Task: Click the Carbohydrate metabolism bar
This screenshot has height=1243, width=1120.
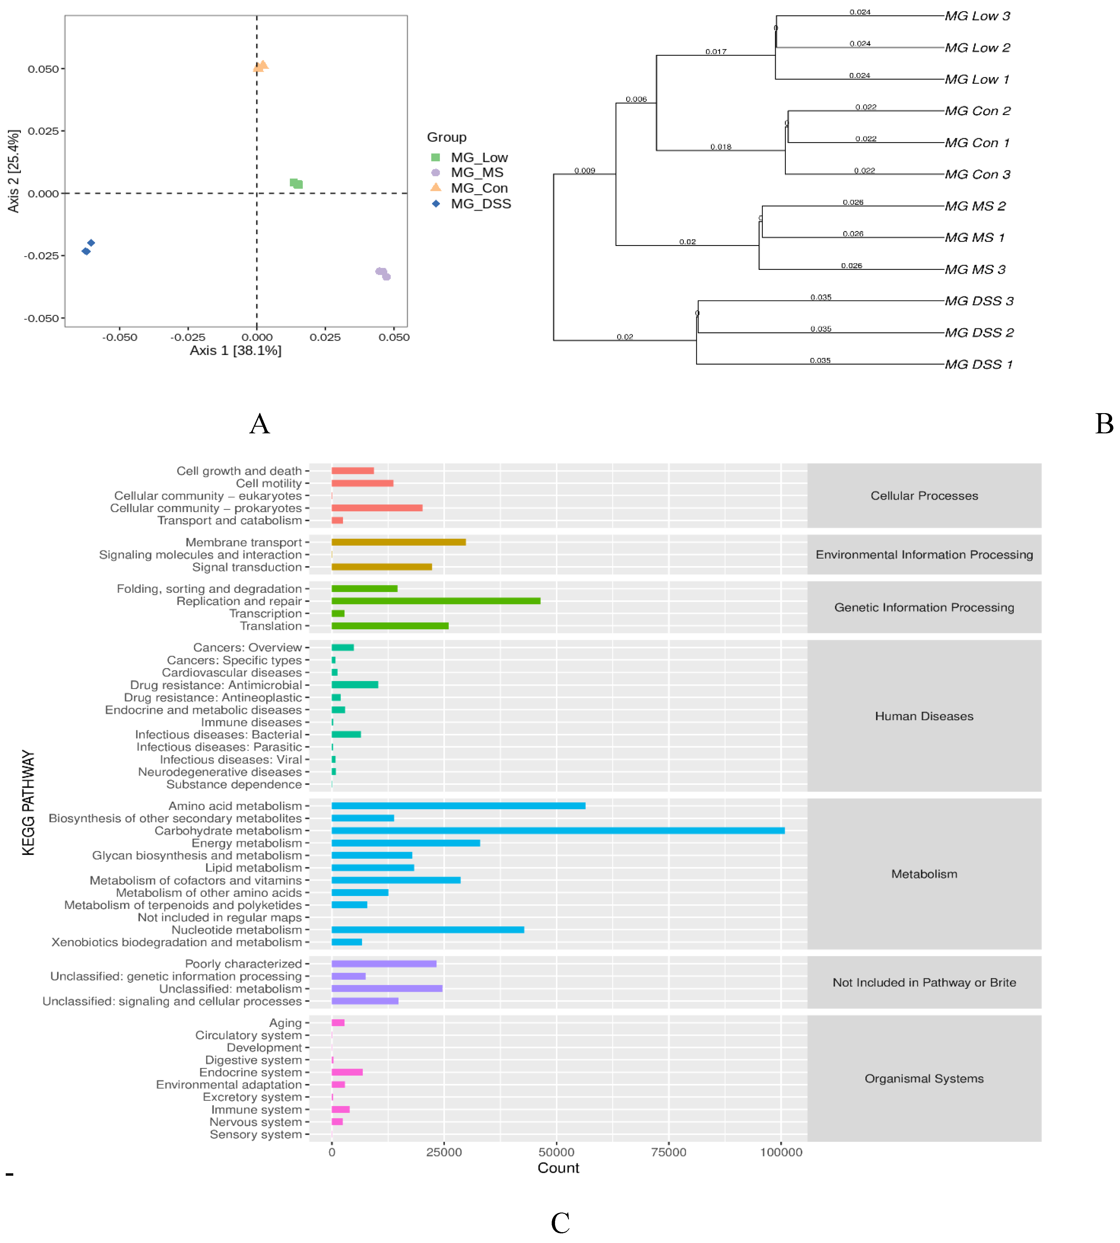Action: pos(557,830)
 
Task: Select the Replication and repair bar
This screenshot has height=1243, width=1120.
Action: pos(436,601)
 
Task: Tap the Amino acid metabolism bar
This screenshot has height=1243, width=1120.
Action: pos(458,806)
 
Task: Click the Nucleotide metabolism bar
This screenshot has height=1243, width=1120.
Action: pos(428,930)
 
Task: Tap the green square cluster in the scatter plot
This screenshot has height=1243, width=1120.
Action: pos(296,183)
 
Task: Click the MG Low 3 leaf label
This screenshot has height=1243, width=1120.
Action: pos(977,16)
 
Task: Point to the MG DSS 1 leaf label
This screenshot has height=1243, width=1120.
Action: pos(979,365)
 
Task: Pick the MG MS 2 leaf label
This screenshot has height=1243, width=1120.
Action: pos(975,206)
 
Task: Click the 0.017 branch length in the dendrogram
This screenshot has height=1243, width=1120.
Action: pos(716,52)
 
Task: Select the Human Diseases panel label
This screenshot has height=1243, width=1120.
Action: pos(924,716)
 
